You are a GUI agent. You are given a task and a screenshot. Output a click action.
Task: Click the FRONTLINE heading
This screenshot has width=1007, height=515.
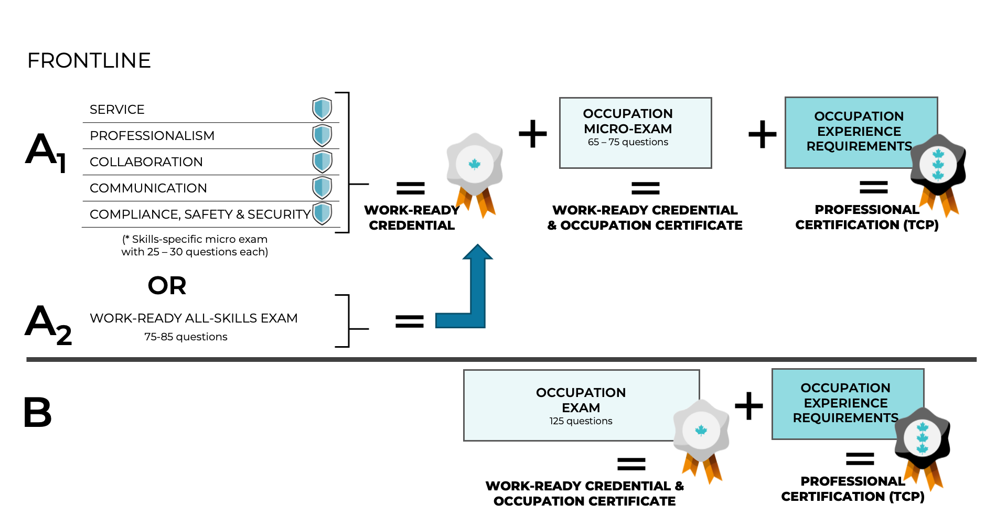(x=89, y=61)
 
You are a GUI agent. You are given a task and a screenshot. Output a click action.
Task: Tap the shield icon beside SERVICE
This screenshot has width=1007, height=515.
(x=322, y=109)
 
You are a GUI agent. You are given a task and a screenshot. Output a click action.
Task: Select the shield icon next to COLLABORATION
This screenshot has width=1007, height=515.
(x=322, y=162)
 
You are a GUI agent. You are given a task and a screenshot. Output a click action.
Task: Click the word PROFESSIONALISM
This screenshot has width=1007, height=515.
(x=152, y=136)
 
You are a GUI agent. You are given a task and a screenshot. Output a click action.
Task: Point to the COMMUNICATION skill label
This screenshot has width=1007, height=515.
(x=148, y=188)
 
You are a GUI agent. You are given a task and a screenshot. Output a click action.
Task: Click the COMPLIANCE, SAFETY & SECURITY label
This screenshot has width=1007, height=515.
(x=200, y=214)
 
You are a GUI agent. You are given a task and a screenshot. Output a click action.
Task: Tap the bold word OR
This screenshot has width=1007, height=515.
(x=167, y=286)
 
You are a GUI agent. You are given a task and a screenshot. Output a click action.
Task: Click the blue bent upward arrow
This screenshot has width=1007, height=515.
(x=475, y=294)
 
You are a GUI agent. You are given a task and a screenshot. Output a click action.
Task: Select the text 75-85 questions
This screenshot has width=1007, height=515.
(x=186, y=337)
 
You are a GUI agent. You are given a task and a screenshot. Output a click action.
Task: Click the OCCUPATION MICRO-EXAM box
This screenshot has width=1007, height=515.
(x=635, y=133)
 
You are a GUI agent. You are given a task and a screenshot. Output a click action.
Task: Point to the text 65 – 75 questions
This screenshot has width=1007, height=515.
(x=628, y=142)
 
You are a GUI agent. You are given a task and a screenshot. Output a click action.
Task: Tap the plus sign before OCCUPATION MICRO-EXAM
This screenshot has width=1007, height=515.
(x=532, y=134)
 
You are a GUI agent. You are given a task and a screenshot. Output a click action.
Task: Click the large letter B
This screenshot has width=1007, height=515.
(x=38, y=412)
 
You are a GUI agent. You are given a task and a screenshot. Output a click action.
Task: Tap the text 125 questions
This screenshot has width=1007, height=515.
(x=581, y=421)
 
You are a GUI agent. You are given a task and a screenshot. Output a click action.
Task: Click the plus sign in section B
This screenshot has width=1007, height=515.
(x=748, y=406)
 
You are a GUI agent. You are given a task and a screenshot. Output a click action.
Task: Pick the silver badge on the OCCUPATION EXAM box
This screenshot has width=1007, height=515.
(x=701, y=433)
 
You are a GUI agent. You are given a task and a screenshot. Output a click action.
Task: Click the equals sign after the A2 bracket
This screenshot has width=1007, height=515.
(x=410, y=321)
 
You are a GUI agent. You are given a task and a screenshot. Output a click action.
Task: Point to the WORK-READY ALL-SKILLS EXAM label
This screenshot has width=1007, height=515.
(x=194, y=318)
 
